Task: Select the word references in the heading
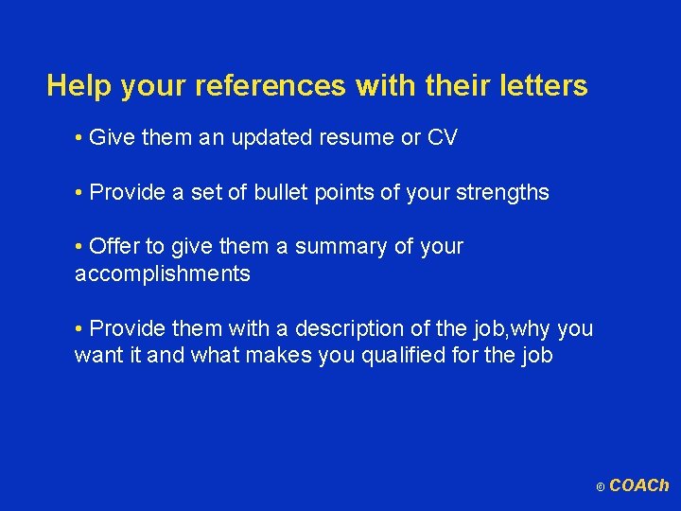coord(271,87)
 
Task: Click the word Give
coord(112,138)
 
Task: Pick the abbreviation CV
coord(443,138)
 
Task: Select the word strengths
coord(502,193)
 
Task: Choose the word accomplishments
coord(162,274)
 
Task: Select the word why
coord(533,329)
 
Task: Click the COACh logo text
coord(638,485)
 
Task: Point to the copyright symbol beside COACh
coord(600,487)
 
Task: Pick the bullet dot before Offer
coord(78,248)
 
